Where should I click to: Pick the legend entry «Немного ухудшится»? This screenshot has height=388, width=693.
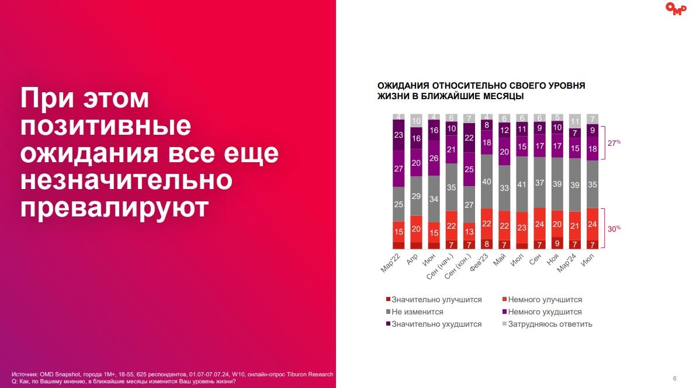(545, 312)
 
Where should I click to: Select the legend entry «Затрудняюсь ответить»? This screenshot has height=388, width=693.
(550, 324)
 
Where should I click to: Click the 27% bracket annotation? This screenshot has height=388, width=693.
(614, 142)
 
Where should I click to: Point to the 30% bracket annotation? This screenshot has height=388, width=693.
(614, 229)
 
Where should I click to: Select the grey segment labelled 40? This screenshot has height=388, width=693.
(487, 181)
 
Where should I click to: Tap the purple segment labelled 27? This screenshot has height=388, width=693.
(399, 169)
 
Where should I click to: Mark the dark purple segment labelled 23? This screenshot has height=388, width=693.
(399, 135)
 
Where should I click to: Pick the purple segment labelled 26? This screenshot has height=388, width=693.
(434, 158)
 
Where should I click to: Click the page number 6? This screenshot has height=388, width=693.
(674, 378)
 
